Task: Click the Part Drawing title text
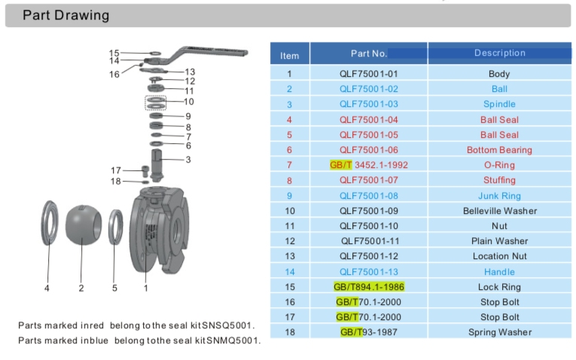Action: click(x=66, y=16)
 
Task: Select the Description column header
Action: click(x=499, y=53)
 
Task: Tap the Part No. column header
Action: click(x=369, y=53)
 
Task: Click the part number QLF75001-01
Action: click(x=368, y=74)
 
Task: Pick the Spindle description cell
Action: click(x=499, y=104)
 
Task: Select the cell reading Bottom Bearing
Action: click(x=499, y=150)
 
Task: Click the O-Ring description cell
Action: click(x=499, y=165)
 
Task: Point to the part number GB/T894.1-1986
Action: click(x=369, y=287)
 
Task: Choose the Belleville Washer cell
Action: click(x=499, y=211)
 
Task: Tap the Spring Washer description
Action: click(x=499, y=332)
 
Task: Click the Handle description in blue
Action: click(x=499, y=272)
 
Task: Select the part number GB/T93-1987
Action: click(x=369, y=332)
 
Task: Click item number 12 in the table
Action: click(x=290, y=241)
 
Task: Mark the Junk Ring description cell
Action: click(x=499, y=195)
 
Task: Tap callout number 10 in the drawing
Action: click(x=188, y=101)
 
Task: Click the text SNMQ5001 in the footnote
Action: click(x=230, y=340)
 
